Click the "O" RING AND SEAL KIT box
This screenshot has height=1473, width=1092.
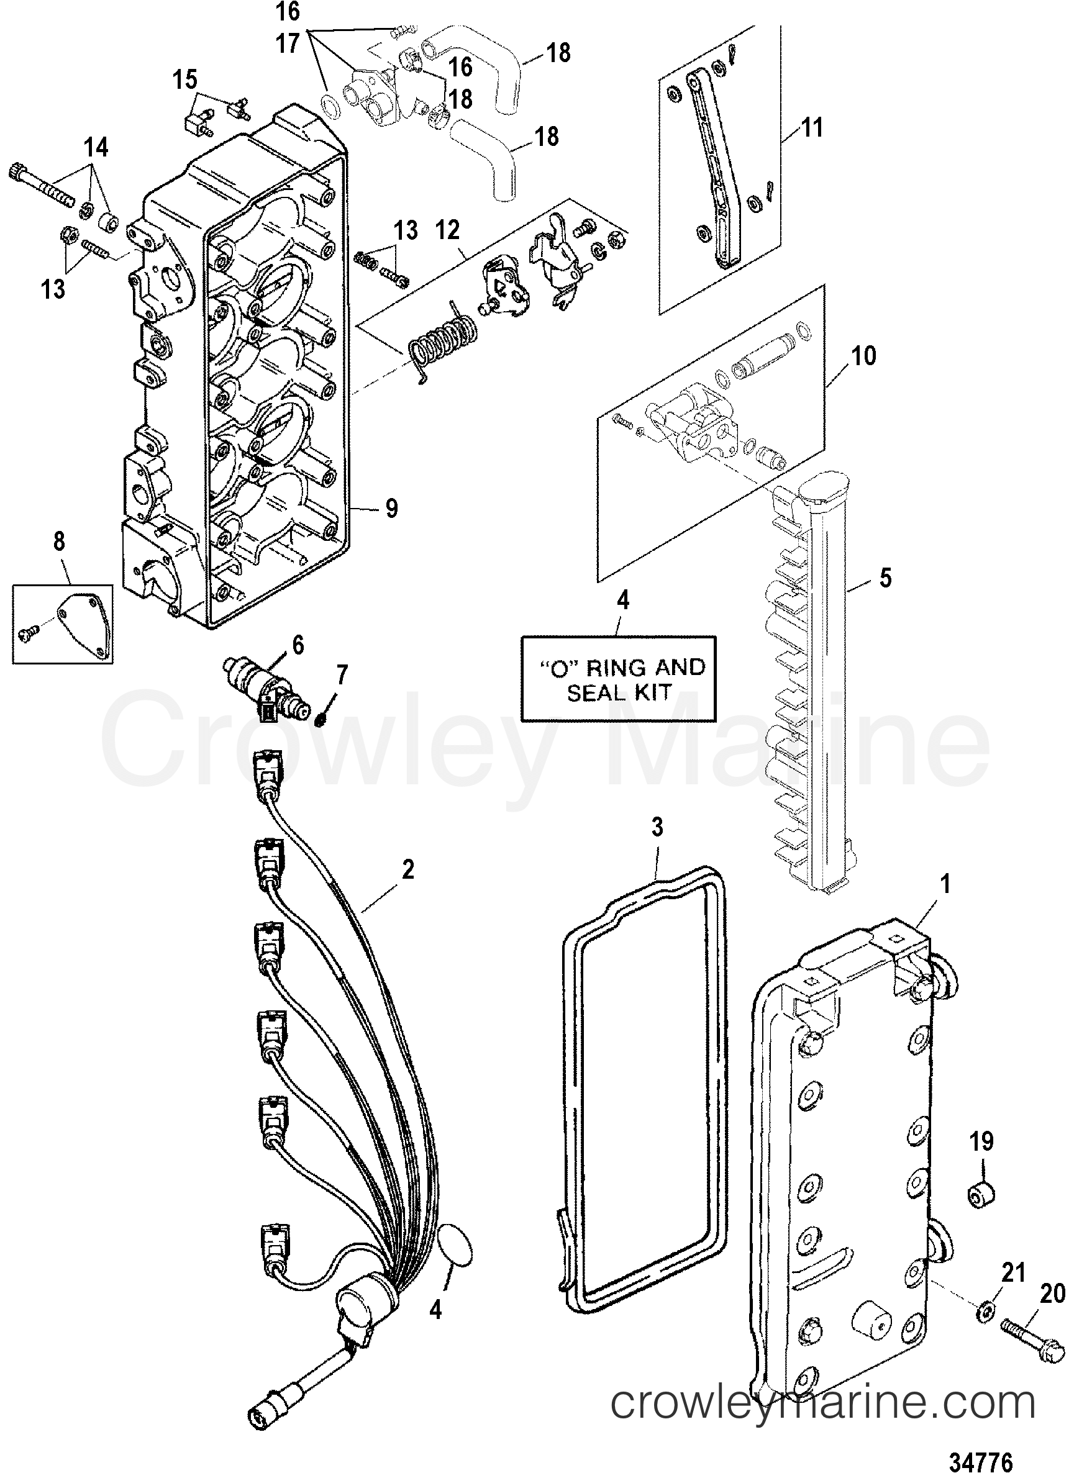619,679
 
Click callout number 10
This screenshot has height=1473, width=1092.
864,356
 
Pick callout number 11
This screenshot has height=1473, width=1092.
812,126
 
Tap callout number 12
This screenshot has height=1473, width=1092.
447,230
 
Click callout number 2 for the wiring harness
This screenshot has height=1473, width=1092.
408,869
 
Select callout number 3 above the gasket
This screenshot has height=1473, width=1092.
657,827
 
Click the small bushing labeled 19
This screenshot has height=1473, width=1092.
981,1195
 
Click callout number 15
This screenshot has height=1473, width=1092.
185,81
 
